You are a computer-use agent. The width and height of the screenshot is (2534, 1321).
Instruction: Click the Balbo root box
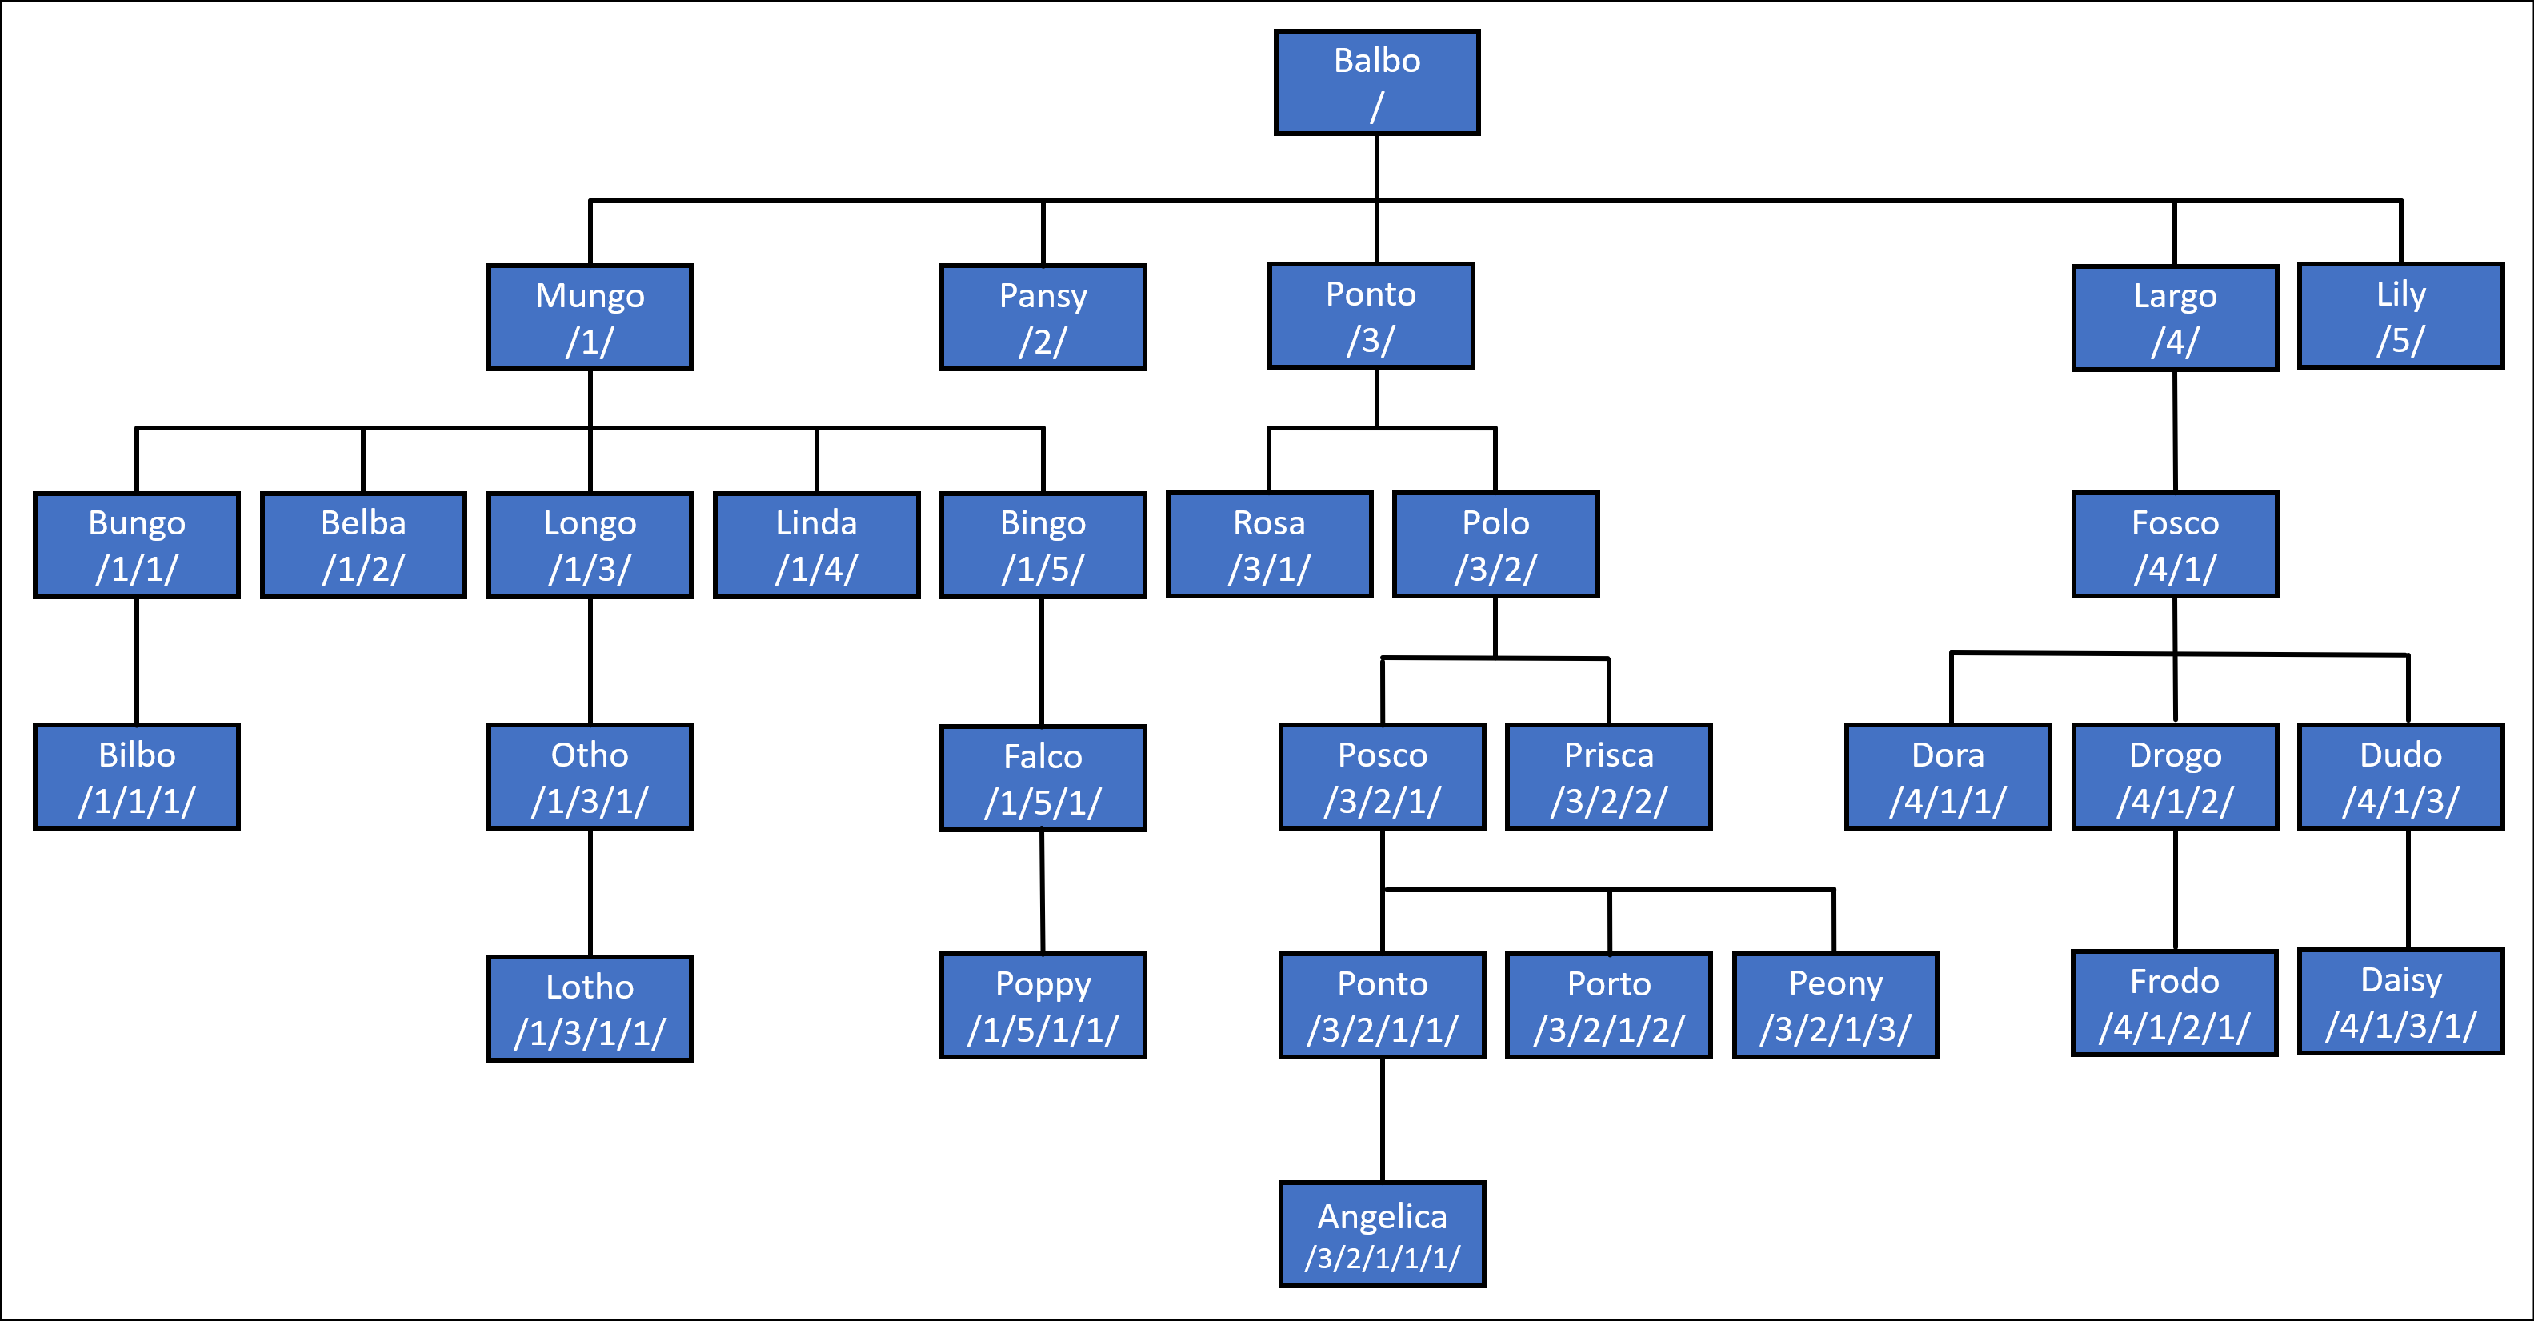1376,82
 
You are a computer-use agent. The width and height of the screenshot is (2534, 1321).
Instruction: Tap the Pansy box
1043,317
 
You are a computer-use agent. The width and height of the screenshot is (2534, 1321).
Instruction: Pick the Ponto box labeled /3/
1371,316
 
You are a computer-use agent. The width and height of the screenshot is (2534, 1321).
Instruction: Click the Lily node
2400,316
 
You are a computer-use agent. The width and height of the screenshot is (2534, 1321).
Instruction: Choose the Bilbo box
137,776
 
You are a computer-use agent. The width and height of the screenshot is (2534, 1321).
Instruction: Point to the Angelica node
1382,1235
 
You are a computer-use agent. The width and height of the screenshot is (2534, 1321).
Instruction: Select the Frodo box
2174,1003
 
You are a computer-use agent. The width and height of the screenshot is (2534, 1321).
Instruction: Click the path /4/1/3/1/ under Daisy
2400,1026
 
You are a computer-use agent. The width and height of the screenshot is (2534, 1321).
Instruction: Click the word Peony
1835,983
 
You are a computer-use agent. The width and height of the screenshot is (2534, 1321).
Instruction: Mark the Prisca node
1608,776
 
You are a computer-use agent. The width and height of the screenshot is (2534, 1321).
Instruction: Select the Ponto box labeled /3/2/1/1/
1382,1005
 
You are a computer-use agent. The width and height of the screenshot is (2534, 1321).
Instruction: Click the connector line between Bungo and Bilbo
137,660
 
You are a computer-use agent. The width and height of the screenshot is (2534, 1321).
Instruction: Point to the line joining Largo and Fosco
2174,430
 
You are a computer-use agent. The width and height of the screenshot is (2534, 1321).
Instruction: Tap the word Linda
815,522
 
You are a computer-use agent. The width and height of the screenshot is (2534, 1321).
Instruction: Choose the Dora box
1948,776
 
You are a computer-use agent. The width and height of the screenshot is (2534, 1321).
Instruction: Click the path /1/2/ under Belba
363,570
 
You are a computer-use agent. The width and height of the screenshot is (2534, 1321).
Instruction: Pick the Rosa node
1269,545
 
